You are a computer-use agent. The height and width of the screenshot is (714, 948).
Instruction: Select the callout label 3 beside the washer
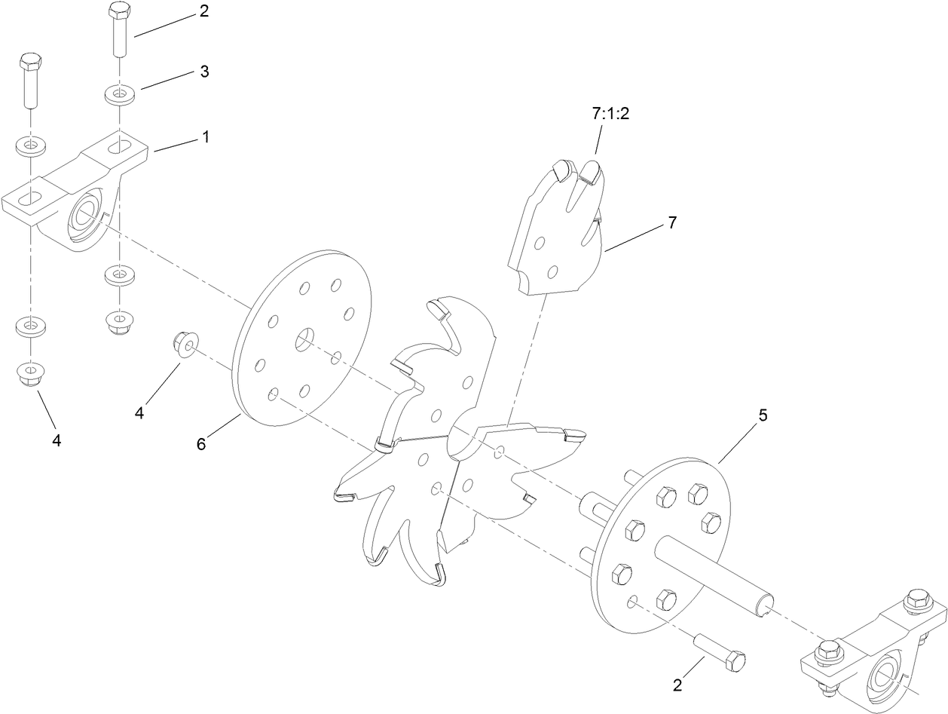(x=204, y=72)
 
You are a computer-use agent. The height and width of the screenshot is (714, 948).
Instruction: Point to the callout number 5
(x=763, y=416)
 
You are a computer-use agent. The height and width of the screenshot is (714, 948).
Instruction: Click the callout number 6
(x=201, y=444)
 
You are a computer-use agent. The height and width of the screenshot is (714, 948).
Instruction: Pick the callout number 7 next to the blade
(x=672, y=222)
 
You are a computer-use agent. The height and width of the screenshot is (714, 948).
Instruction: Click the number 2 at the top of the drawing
(x=204, y=12)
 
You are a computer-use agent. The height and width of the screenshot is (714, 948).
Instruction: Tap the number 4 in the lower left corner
(x=57, y=440)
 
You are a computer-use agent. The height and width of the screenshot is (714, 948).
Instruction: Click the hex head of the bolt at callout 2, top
(x=119, y=11)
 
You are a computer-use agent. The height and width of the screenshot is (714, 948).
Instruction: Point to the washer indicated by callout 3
(x=119, y=95)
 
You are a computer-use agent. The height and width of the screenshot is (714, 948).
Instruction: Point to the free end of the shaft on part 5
(x=765, y=600)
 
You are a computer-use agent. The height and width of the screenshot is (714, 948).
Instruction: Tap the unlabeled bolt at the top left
(x=29, y=78)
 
